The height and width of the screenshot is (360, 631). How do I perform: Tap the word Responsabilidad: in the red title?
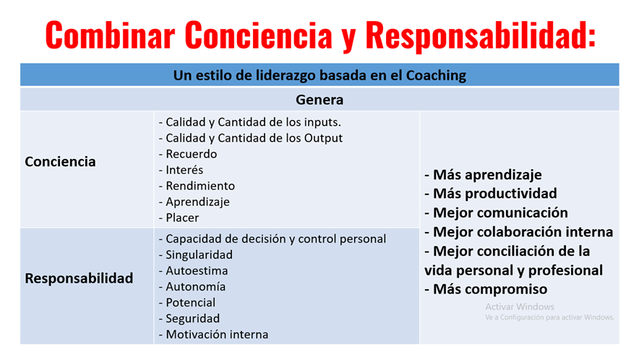coord(481,36)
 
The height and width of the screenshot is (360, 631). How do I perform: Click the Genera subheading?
coord(319,100)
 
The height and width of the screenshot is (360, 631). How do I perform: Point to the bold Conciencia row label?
coord(61,161)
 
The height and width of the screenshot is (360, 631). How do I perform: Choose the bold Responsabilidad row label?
coord(79,278)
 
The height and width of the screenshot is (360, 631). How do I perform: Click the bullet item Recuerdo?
coord(191,154)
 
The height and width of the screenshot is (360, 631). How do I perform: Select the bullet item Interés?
coord(184,170)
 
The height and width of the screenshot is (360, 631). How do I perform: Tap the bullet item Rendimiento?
coord(200,186)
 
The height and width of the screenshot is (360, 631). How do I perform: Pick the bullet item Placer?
coord(182,218)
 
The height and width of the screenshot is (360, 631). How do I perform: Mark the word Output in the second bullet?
coord(323,138)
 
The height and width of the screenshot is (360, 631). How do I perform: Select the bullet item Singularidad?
coord(199,255)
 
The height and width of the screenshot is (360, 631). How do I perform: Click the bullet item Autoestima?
coord(197,270)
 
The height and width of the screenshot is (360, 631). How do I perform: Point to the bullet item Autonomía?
coord(196,287)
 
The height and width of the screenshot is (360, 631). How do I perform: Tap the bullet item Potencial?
coord(190,302)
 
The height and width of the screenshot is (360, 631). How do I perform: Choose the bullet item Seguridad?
coord(193,319)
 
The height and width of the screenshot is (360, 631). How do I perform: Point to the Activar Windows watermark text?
coord(520,307)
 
